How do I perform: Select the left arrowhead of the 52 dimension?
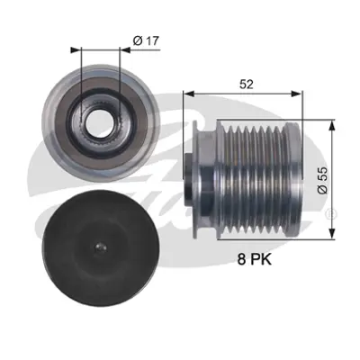[x=188, y=93]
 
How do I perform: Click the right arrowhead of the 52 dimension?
[x=303, y=93]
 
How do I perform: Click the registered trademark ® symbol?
[x=336, y=212]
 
